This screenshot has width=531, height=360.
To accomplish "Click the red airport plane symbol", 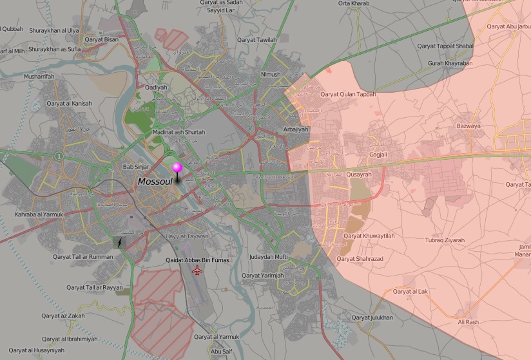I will point(197,270).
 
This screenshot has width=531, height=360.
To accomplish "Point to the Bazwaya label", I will point(468,126).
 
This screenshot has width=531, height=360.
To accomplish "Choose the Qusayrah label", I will point(359,175).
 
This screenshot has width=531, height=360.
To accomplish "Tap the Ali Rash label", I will point(468,322).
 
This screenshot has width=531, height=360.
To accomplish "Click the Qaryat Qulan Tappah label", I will point(348,94).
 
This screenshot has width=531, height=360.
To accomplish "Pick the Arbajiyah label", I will point(296,129).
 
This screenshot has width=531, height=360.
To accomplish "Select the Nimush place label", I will point(271,75).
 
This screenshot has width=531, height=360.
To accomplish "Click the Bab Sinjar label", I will point(136,168).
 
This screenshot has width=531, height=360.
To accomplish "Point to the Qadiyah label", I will point(156,88).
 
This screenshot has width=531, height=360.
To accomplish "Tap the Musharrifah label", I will point(39,77).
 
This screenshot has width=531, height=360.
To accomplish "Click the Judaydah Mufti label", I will point(268,257).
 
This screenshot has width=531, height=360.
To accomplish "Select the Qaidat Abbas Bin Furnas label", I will point(198,260).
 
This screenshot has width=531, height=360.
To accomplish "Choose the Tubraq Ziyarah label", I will point(445,240).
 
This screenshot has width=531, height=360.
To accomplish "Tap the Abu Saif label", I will point(220,352).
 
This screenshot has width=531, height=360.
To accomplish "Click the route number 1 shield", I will point(59,155).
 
